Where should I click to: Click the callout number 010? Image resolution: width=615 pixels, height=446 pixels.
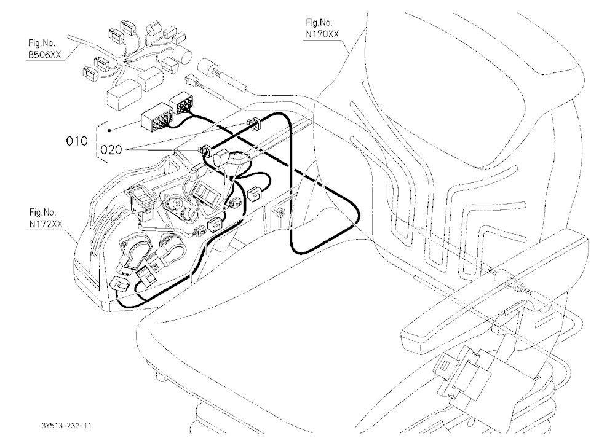point(77,141)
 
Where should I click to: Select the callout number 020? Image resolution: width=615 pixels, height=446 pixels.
point(111,150)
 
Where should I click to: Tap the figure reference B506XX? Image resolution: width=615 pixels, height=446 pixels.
point(44,55)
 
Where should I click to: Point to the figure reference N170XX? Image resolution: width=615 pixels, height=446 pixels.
point(322,34)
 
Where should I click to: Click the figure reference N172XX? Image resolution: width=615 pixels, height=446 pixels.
point(46,225)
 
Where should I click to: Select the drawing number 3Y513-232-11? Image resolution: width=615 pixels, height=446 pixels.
point(66,426)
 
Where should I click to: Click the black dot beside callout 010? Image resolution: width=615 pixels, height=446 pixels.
point(110,130)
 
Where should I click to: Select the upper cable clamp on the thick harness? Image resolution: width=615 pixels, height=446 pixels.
point(254,122)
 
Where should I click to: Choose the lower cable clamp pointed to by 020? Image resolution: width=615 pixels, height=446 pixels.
point(206,151)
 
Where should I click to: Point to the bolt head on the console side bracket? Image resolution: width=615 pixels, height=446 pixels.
point(280,211)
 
